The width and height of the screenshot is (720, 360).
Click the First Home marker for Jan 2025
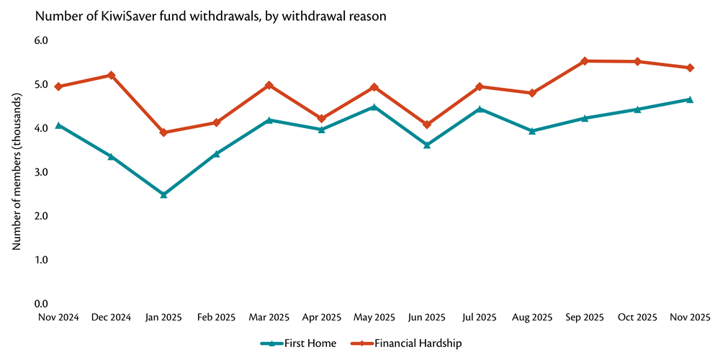(x=163, y=194)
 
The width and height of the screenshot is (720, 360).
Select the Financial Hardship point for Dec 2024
(x=111, y=75)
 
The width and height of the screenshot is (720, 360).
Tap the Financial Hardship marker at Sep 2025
(x=585, y=61)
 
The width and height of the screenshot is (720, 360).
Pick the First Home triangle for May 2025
(x=374, y=107)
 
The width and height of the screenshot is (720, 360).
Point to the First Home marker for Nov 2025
(x=690, y=99)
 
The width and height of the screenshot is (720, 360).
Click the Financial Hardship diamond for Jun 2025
(x=427, y=125)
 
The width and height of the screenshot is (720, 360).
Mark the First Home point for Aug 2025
(x=532, y=131)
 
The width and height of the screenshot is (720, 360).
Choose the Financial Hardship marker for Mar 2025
(x=269, y=85)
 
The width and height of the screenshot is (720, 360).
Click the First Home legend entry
(x=299, y=343)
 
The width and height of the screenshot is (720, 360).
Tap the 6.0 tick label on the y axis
(x=41, y=40)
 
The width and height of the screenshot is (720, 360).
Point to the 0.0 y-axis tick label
(x=41, y=304)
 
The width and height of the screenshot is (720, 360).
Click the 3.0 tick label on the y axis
(x=41, y=172)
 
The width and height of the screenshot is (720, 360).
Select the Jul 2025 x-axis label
(x=480, y=317)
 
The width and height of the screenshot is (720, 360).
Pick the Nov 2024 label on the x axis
(x=58, y=317)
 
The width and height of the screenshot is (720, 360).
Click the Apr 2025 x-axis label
(x=321, y=317)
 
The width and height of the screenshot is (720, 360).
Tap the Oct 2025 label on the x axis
(x=637, y=317)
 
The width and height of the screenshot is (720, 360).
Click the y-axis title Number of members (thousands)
(x=17, y=172)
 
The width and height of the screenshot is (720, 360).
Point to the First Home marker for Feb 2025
(x=216, y=153)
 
